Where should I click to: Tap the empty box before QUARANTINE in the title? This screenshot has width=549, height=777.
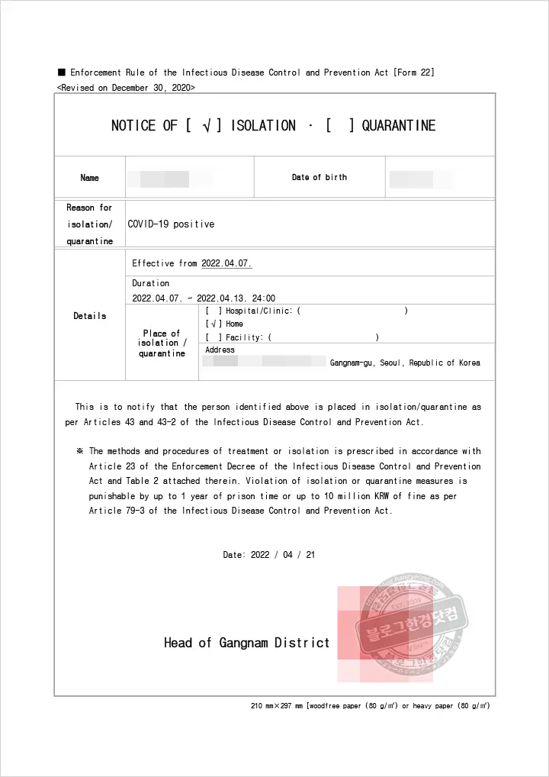339,126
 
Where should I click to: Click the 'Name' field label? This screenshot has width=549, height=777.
89,178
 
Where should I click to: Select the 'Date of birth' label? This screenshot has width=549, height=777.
319,177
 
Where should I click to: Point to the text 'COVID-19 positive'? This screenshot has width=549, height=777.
171,224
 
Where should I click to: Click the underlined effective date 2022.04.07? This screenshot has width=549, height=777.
226,263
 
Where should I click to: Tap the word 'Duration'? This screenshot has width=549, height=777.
151,283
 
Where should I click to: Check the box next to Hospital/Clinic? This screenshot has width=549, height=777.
213,311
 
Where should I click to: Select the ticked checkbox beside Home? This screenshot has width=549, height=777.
213,324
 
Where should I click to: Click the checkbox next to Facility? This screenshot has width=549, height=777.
213,337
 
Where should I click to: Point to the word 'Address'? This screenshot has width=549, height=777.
220,350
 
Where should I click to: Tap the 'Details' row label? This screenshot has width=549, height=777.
89,316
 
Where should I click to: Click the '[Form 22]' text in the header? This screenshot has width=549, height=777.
414,73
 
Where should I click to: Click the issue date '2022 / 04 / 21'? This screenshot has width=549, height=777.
282,555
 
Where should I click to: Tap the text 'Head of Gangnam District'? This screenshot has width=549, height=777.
246,643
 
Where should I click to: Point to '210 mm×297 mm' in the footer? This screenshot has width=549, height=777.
277,706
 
